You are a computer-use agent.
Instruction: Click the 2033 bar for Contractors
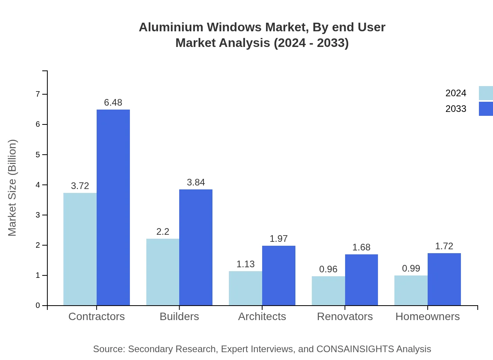(113, 207)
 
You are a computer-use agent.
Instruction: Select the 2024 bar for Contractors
(80, 249)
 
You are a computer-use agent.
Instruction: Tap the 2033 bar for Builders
(196, 247)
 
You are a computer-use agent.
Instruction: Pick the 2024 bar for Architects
(245, 288)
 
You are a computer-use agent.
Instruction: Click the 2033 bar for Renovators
(362, 280)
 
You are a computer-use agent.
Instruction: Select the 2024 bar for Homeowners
(411, 290)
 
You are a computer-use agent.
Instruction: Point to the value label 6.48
(113, 103)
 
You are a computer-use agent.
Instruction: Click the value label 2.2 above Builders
(163, 232)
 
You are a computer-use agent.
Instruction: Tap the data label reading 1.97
(279, 239)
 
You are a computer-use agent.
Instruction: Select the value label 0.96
(328, 269)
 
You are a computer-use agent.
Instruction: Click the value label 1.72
(444, 246)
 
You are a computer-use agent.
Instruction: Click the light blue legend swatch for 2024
(486, 93)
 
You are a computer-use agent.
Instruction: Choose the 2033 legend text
(456, 109)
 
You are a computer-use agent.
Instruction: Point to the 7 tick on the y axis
(38, 94)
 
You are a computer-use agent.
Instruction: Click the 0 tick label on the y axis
(38, 306)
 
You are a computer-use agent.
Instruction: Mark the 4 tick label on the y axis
(38, 185)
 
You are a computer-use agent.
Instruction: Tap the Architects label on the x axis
(262, 316)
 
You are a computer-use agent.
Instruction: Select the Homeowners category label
(428, 316)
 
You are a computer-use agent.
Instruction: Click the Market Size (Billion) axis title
(13, 188)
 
